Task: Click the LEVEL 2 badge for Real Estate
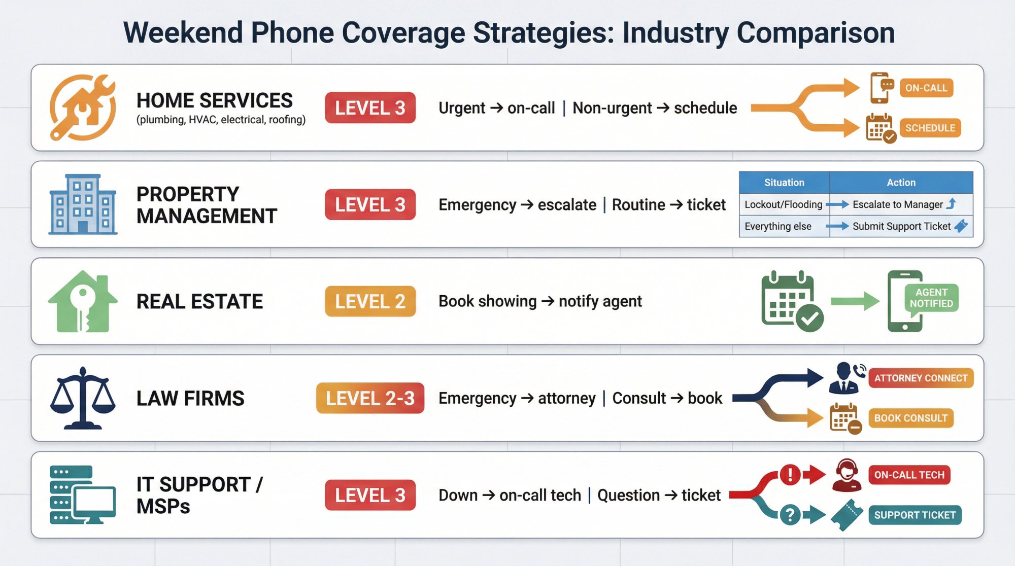[x=370, y=301]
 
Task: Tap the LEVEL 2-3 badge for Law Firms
[x=370, y=398]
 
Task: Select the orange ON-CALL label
[x=926, y=88]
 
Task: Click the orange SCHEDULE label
[x=930, y=128]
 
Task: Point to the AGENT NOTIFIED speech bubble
[x=931, y=298]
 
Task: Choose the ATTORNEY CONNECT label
[x=921, y=378]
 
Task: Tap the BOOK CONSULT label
[x=910, y=418]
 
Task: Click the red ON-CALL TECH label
[x=909, y=475]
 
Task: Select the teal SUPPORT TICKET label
[x=915, y=515]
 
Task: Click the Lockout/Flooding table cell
[x=783, y=204]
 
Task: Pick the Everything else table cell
[x=778, y=226]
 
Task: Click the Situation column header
[x=784, y=183]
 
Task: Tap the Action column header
[x=901, y=183]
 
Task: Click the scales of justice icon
[x=83, y=398]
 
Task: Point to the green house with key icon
[x=83, y=301]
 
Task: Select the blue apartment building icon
[x=83, y=204]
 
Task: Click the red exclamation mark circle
[x=790, y=475]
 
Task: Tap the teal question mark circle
[x=790, y=515]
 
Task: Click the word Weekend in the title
[x=183, y=32]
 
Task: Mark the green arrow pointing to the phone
[x=855, y=301]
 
